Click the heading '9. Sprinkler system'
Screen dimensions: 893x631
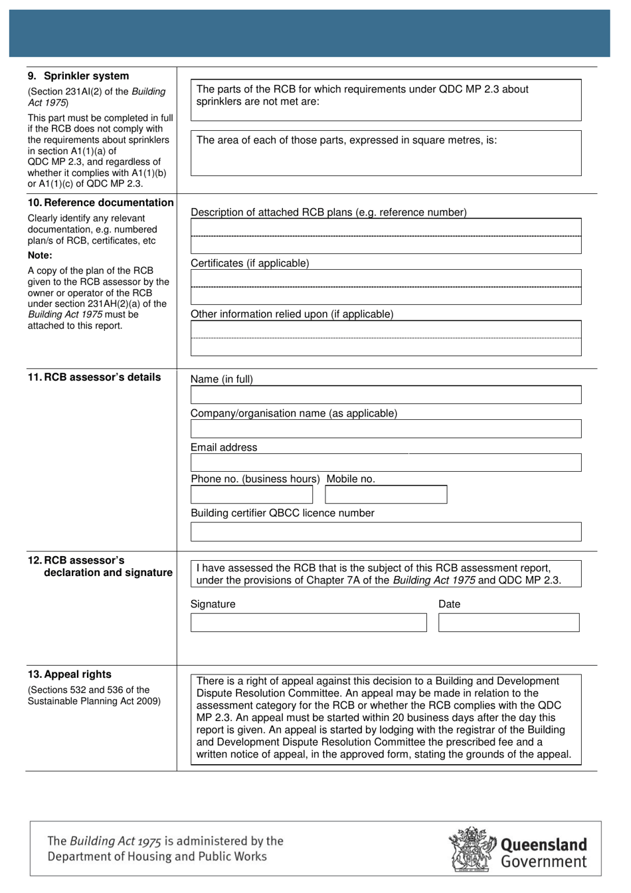pos(78,76)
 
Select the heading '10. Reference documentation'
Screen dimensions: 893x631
pos(100,203)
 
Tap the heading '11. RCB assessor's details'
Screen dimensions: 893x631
pos(94,377)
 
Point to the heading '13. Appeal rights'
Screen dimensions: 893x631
pos(69,674)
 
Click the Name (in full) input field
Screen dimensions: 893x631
pos(385,395)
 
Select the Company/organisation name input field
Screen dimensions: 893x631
pos(385,429)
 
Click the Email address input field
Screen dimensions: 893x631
pos(385,463)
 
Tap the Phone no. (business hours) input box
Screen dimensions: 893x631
pos(251,495)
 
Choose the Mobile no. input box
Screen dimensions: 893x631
pos(385,495)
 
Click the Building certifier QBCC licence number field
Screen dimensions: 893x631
pos(385,532)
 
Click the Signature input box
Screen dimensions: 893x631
pos(308,623)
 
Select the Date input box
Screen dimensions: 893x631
pos(508,623)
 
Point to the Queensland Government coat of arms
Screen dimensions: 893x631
pos(472,850)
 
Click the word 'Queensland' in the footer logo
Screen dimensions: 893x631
pos(543,844)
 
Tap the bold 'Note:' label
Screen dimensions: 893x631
pos(40,255)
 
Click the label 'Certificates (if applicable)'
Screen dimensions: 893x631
pos(250,263)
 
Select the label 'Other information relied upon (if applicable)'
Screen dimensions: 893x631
pos(292,314)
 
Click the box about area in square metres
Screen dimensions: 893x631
pos(385,153)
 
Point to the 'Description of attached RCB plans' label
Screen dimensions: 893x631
pos(328,213)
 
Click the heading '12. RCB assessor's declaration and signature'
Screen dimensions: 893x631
pos(100,567)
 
